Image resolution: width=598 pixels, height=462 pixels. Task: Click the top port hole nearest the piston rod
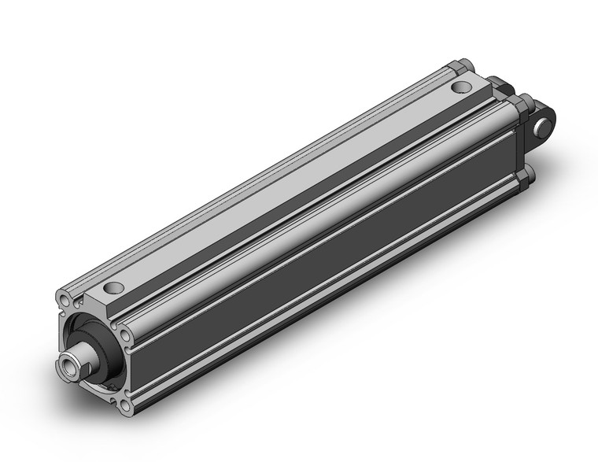pos(115,288)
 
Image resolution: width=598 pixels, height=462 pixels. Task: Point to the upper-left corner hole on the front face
pos(63,300)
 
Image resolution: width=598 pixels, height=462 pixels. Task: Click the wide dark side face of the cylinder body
pos(315,260)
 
